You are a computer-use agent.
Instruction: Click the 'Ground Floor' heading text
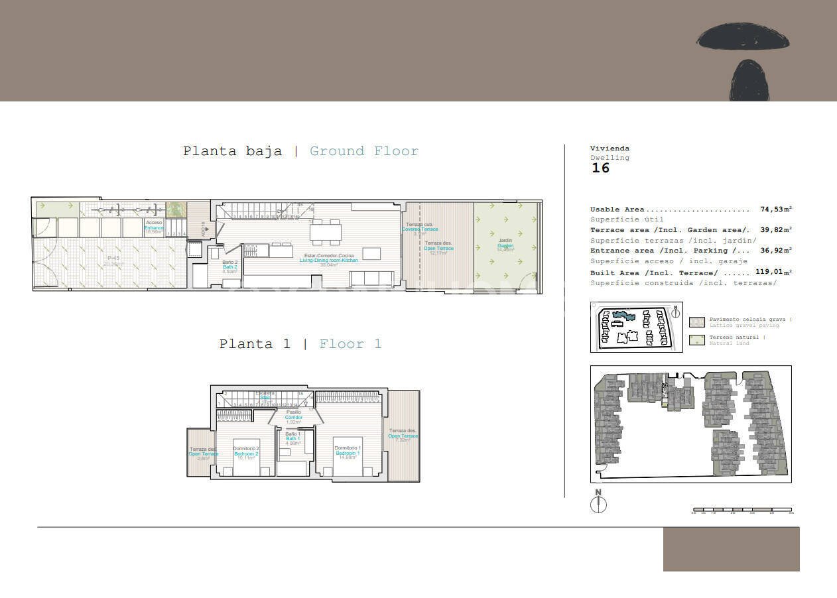coord(364,151)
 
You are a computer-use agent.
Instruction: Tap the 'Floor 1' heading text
coord(350,344)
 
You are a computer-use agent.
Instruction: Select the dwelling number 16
coord(600,168)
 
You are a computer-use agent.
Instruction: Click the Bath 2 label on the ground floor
coord(229,267)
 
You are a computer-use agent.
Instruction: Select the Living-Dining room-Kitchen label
coord(328,260)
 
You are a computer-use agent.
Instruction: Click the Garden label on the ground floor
coord(505,246)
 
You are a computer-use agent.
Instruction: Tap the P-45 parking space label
coord(114,259)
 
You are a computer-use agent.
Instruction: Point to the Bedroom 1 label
coord(348,453)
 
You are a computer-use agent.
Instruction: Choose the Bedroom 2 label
coord(246,453)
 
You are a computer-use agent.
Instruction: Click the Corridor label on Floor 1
coord(293,417)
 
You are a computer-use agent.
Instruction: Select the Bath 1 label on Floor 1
coord(292,438)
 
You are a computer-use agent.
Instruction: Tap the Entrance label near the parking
coord(154,227)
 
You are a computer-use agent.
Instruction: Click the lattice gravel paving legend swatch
coord(696,322)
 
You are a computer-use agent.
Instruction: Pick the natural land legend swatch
coord(696,340)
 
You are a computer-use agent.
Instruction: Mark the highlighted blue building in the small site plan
coord(623,315)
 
